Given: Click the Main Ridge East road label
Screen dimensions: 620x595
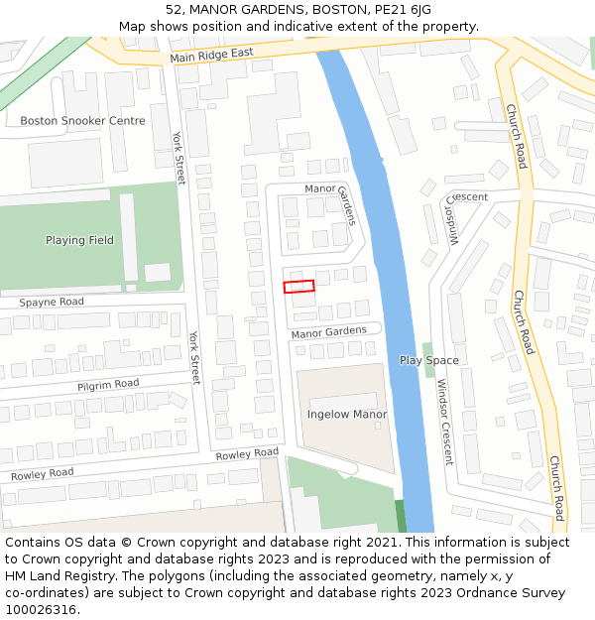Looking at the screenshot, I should point(211,55).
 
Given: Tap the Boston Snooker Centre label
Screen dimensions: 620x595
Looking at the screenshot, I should point(82,121).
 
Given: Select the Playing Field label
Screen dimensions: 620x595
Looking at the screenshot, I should point(79,240).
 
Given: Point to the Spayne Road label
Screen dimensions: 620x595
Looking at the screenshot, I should point(52,301).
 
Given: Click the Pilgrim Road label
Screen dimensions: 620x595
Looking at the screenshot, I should point(108,384).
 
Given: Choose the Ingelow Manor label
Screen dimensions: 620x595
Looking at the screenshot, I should point(346,414).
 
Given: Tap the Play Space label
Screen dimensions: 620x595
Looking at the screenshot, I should point(428,360).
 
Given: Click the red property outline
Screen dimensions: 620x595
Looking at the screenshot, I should point(298,287).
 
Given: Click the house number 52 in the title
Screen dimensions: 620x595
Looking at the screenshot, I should point(175,9).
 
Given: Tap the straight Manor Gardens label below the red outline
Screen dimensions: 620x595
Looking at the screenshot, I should point(328,332).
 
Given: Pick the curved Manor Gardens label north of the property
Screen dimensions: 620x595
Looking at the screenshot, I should point(331,197).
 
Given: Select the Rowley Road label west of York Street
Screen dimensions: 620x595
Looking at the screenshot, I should point(43,474).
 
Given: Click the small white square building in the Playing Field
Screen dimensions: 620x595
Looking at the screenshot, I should point(157,272).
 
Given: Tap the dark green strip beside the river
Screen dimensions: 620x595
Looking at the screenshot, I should point(401,516).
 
